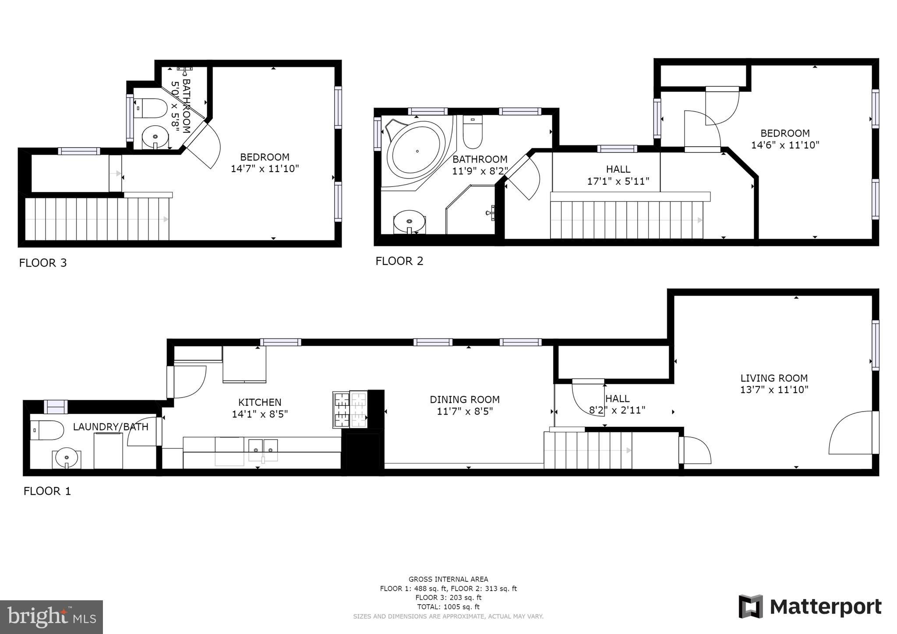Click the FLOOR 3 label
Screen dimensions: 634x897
pos(43,263)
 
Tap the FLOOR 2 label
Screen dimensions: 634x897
pos(399,261)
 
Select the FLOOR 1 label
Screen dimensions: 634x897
pos(47,491)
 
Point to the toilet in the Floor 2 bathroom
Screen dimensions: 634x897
pos(473,133)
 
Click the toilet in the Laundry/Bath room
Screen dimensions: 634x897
pos(47,430)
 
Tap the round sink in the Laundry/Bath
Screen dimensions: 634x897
pos(67,458)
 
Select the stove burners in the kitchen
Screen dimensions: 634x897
pos(350,410)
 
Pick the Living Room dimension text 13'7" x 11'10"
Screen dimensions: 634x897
pos(774,390)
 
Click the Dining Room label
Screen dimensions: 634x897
pos(464,399)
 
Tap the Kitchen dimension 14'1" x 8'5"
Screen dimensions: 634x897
pos(260,414)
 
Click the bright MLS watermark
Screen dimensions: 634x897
pos(51,617)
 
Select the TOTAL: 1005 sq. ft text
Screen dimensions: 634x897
pos(448,607)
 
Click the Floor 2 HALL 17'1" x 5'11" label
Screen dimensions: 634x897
pos(618,175)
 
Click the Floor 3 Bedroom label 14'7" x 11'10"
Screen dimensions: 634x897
pos(265,163)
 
